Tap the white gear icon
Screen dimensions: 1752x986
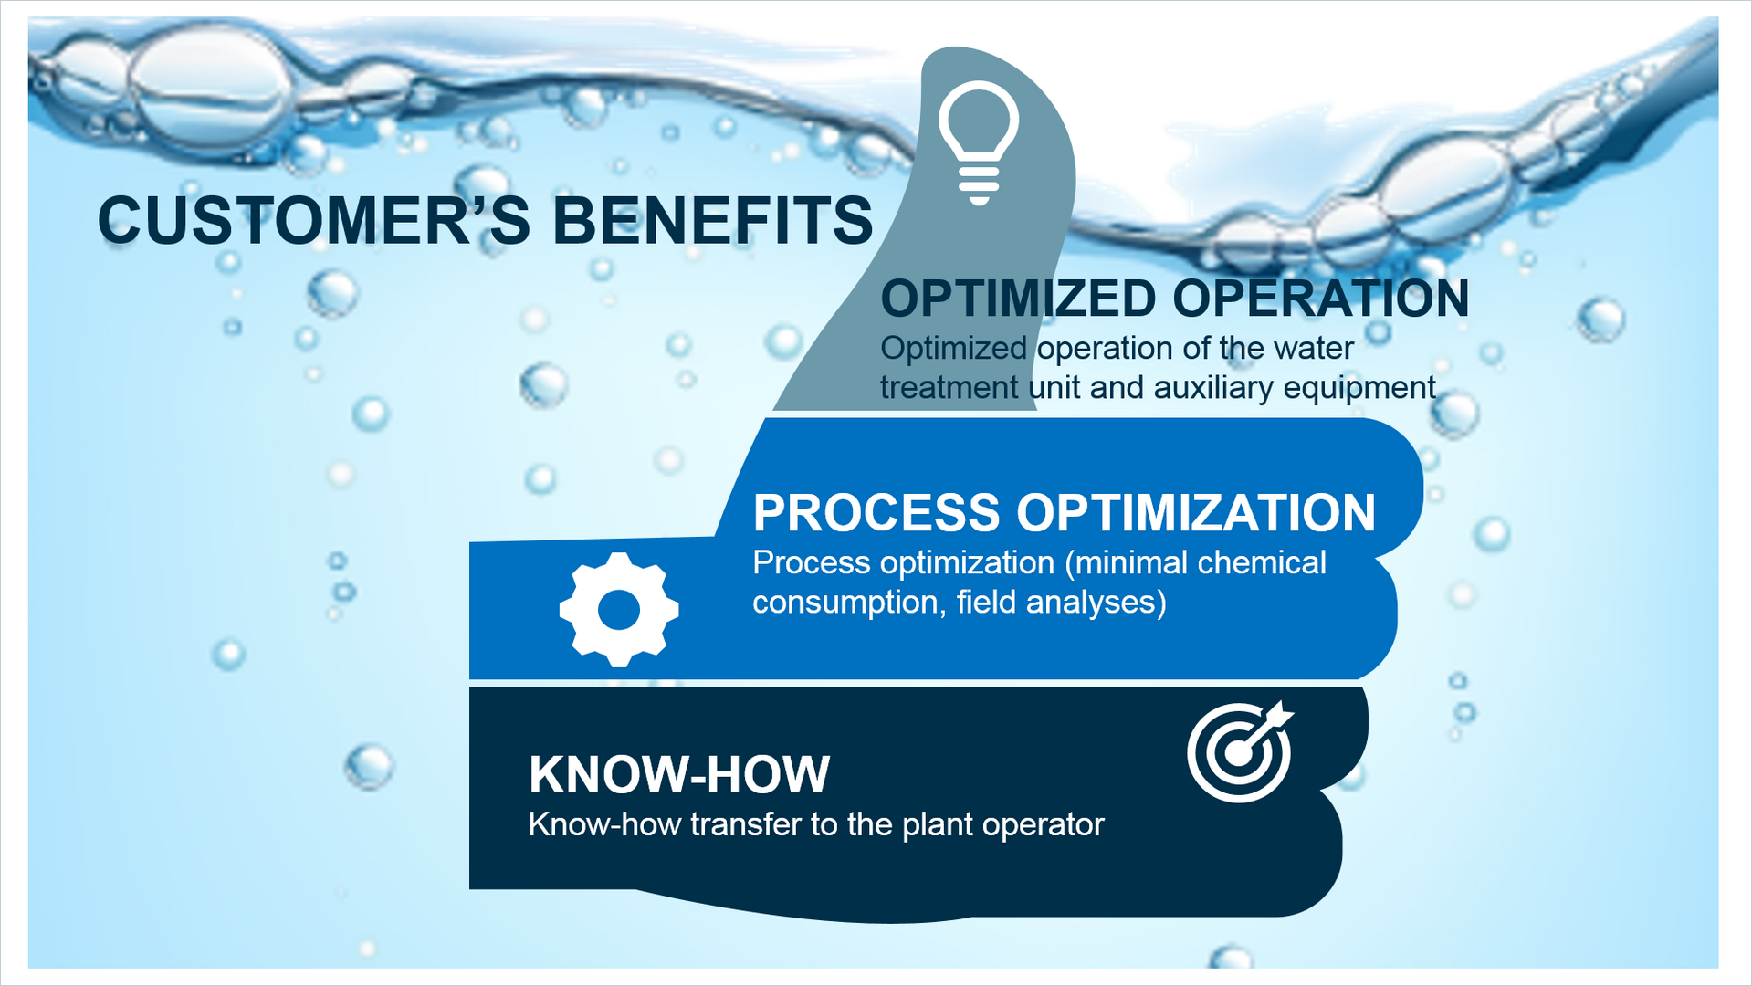point(619,609)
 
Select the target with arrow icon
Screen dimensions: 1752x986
point(1240,751)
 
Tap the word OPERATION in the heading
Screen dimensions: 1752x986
point(1321,299)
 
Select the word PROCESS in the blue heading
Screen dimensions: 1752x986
point(876,512)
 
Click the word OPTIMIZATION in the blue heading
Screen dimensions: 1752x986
point(1196,512)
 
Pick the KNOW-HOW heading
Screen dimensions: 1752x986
point(679,774)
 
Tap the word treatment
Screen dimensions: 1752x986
point(949,388)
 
